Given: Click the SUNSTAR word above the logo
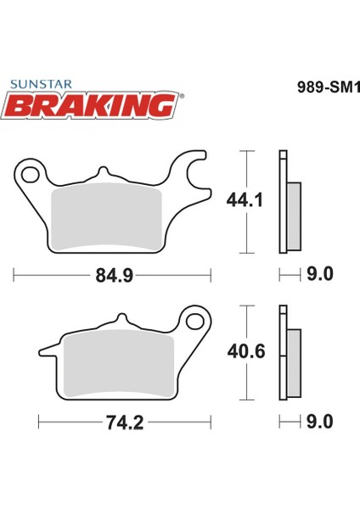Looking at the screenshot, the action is (x=41, y=84).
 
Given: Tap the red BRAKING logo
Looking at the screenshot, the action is (x=90, y=105).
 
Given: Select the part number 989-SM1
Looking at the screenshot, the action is (x=329, y=87).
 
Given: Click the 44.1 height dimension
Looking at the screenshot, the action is (x=245, y=200).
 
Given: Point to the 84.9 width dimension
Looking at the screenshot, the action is (x=115, y=276).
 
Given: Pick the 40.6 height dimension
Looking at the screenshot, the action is (x=246, y=351).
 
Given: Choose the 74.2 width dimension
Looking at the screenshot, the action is (x=125, y=423).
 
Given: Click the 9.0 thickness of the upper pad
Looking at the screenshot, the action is (x=320, y=274).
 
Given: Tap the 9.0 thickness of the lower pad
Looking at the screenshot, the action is (x=320, y=422).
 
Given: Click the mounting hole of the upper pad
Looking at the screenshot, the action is (x=30, y=174).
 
